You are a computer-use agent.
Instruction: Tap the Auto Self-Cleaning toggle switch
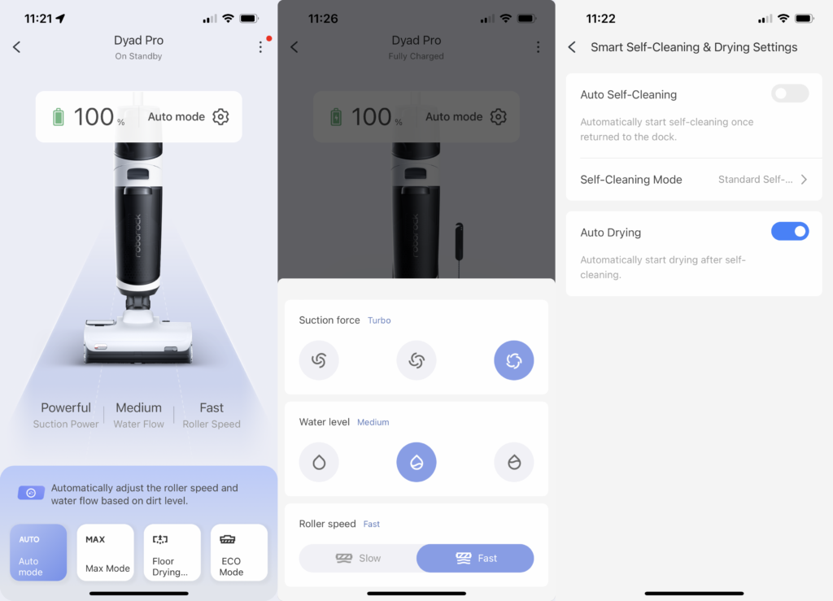[x=789, y=94]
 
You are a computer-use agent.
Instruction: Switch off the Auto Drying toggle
[x=789, y=232]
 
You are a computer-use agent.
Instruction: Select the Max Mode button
[x=105, y=552]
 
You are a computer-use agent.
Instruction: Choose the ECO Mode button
[x=238, y=552]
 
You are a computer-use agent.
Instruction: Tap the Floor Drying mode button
[x=172, y=552]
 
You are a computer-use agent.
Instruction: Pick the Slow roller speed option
[x=358, y=558]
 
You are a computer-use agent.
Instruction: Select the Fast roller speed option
[x=475, y=558]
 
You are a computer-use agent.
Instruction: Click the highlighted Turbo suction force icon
[x=514, y=360]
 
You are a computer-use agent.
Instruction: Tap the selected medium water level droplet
[x=416, y=462]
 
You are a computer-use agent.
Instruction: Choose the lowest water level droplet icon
[x=319, y=462]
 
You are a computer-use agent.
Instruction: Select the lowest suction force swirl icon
[x=319, y=360]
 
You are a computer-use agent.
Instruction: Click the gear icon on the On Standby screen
[x=220, y=116]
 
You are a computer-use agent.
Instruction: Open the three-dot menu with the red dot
[x=260, y=46]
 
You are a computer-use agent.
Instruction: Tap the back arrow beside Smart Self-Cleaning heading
[x=572, y=47]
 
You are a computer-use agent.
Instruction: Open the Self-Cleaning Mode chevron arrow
[x=804, y=180]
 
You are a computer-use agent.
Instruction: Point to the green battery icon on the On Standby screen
[x=59, y=117]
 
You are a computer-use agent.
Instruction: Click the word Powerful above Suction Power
[x=66, y=407]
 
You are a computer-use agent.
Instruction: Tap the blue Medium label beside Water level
[x=373, y=422]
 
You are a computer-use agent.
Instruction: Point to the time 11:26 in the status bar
[x=323, y=19]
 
